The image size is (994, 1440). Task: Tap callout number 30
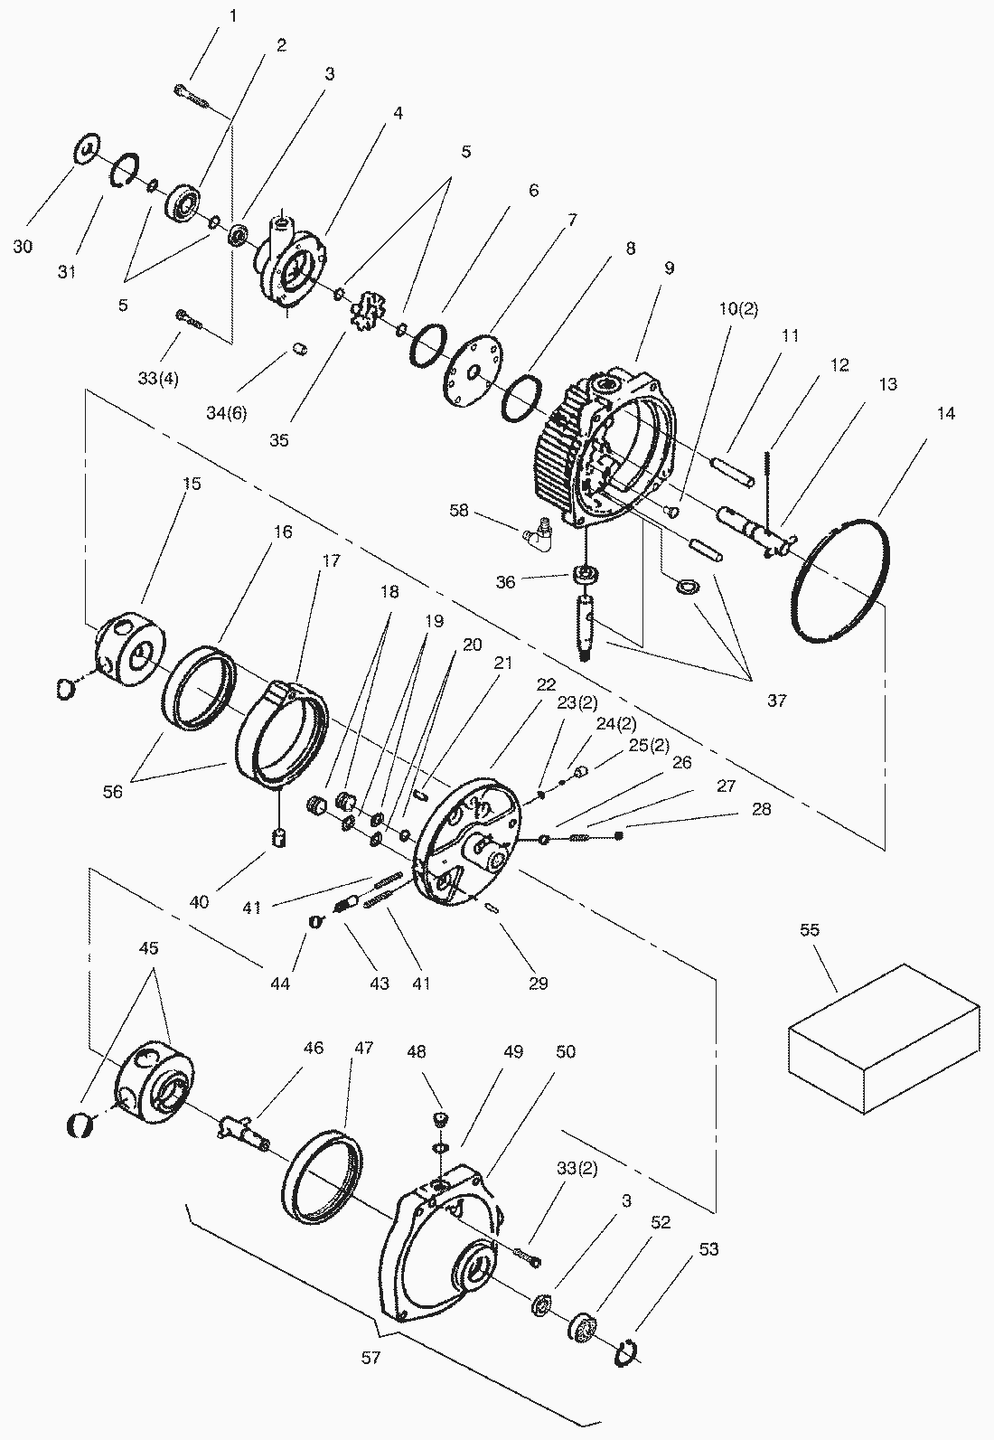[x=23, y=246]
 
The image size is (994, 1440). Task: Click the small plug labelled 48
[x=440, y=1121]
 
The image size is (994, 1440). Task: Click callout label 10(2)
[x=738, y=309]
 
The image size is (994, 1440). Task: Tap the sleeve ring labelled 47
[x=322, y=1175]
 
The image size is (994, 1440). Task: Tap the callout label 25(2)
[x=649, y=745]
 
